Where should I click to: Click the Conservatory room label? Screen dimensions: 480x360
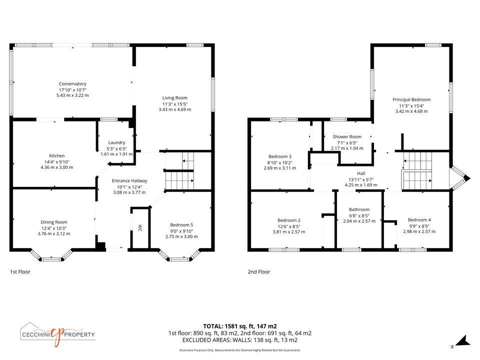[72, 83]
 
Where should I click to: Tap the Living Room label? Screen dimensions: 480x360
[175, 97]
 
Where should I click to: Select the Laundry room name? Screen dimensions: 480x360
[116, 142]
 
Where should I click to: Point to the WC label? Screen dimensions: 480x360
[140, 228]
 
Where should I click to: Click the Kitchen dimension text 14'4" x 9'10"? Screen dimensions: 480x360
[57, 162]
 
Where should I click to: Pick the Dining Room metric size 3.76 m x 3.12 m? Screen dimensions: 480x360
[54, 233]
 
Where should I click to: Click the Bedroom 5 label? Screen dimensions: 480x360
[181, 224]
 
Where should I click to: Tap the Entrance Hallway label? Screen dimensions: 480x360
[129, 180]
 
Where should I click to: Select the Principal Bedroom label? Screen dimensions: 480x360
[411, 99]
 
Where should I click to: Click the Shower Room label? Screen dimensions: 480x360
[347, 136]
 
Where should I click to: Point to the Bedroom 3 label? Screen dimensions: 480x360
[280, 156]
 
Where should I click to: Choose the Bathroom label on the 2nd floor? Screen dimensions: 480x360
[359, 209]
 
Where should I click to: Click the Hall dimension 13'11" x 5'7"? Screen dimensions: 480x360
[361, 179]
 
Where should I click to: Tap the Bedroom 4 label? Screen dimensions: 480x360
[419, 220]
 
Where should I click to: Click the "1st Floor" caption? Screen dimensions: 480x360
[20, 271]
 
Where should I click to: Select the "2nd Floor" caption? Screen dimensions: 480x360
[259, 271]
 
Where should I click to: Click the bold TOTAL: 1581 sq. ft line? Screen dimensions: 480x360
[240, 326]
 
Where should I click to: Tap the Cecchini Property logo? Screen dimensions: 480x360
[58, 334]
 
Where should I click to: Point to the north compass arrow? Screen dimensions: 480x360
[463, 341]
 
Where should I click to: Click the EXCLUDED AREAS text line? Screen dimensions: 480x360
[240, 340]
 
